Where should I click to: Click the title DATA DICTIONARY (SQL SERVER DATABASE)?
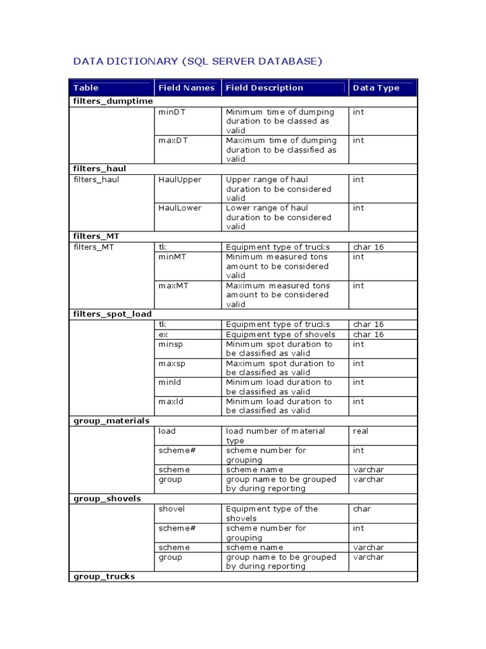click(198, 61)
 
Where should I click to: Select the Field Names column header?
click(186, 88)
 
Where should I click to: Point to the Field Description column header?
click(264, 88)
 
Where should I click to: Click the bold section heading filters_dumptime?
click(113, 101)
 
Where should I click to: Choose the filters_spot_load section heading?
click(112, 314)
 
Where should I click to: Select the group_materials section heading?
click(111, 421)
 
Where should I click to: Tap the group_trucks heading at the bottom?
click(104, 577)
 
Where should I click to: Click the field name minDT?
click(171, 112)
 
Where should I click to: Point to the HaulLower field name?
click(179, 208)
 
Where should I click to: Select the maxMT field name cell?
click(173, 286)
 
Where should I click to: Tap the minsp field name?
click(170, 344)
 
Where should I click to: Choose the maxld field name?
click(170, 401)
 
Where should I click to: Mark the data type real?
click(361, 431)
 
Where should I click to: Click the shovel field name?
click(171, 509)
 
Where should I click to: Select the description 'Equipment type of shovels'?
click(280, 334)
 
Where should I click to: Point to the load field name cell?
click(167, 431)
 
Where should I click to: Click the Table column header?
click(86, 88)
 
